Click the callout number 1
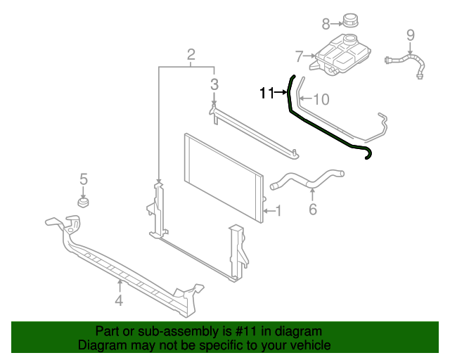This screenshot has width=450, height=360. tap(278, 210)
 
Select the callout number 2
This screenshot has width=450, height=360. tap(191, 55)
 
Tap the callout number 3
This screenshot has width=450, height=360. tap(214, 85)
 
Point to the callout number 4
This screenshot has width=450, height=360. tap(119, 301)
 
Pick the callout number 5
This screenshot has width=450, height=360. tap(83, 179)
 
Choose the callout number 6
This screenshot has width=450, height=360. tap(313, 209)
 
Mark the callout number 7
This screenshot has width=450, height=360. tap(299, 56)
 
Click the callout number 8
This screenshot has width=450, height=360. tap(326, 24)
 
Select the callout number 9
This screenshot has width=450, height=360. tap(411, 34)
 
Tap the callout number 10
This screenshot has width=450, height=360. tap(321, 99)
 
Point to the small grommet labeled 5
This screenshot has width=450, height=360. tap(83, 204)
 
